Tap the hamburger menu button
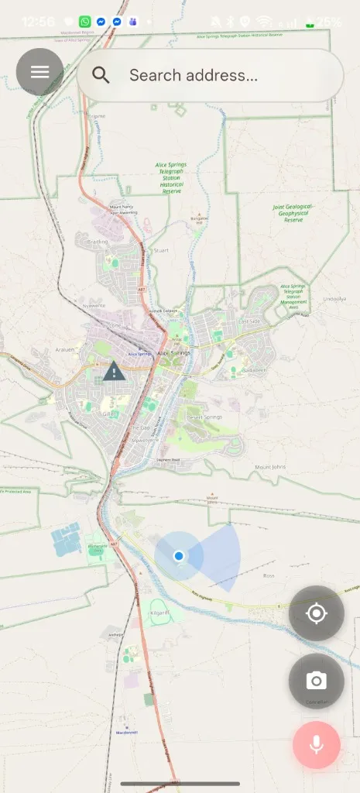click(39, 72)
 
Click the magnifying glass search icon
click(101, 75)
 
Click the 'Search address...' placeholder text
click(193, 75)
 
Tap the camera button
click(316, 681)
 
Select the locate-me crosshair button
click(316, 614)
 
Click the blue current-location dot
click(179, 555)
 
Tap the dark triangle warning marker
click(114, 372)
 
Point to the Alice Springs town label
click(173, 353)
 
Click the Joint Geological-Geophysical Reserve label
click(293, 213)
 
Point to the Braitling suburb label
click(98, 242)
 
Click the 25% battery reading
click(328, 22)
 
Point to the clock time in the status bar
click(38, 22)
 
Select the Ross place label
click(269, 576)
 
